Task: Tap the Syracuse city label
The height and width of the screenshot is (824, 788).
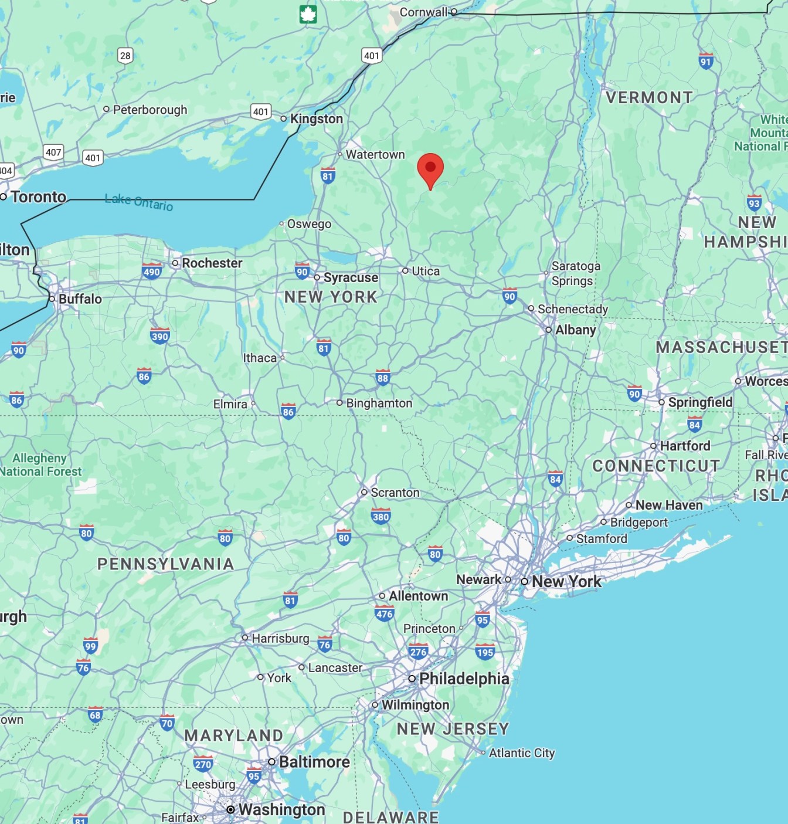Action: tap(351, 277)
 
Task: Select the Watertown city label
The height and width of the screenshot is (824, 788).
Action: tap(375, 154)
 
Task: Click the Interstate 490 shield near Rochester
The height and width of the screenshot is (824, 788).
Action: tap(152, 271)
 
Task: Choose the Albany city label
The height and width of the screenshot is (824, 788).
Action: tap(575, 330)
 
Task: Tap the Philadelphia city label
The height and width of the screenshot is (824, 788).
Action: tap(464, 679)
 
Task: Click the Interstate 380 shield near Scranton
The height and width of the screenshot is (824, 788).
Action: tap(381, 516)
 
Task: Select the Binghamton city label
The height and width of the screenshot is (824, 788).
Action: tap(379, 403)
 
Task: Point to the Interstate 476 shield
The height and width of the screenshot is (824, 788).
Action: tap(385, 614)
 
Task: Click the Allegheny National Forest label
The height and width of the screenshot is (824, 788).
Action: tap(40, 464)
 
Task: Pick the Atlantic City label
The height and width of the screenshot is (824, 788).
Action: tap(522, 752)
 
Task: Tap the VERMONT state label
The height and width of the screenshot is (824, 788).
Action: tap(649, 97)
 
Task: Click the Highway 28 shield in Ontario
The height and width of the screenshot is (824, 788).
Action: tap(125, 56)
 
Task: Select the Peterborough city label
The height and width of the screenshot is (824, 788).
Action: tap(150, 110)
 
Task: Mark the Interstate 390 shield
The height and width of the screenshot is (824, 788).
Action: tap(159, 336)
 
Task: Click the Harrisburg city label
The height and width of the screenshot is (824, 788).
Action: tap(280, 638)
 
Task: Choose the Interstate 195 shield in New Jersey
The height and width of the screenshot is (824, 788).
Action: tap(485, 652)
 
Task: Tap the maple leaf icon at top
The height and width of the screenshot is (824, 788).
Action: tap(308, 15)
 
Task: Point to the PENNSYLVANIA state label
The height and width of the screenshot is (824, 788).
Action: tap(166, 564)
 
